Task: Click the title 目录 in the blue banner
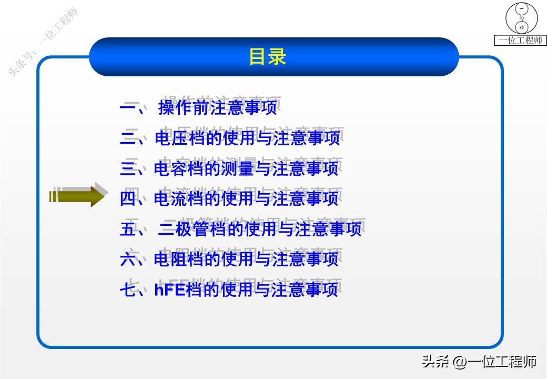(x=267, y=57)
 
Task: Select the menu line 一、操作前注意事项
(x=198, y=108)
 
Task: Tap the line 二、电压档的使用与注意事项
(x=229, y=138)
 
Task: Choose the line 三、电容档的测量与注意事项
(x=229, y=168)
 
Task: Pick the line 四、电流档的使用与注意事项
(x=229, y=198)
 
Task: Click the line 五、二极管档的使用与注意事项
(x=240, y=229)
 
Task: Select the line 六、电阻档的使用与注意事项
(x=229, y=259)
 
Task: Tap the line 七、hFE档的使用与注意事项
(x=229, y=290)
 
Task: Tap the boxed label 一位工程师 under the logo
(x=520, y=40)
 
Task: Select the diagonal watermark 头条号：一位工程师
(x=43, y=43)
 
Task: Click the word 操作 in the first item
(x=174, y=108)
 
